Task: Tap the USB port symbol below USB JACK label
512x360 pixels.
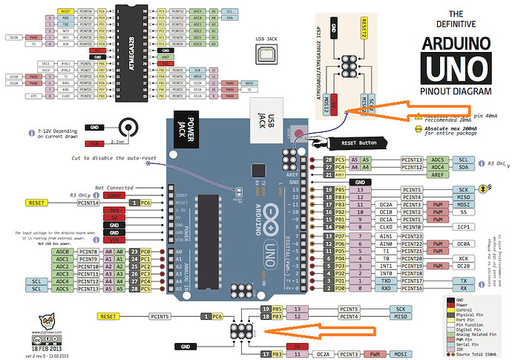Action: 265,54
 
